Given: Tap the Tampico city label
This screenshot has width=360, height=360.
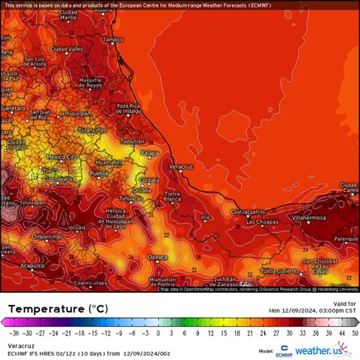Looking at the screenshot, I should pyautogui.click(x=112, y=39).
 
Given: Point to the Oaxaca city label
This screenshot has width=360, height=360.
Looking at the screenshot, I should pyautogui.click(x=157, y=257).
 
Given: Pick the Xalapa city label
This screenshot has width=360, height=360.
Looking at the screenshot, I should pyautogui.click(x=150, y=153).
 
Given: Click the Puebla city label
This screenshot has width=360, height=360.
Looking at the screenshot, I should pyautogui.click(x=99, y=173).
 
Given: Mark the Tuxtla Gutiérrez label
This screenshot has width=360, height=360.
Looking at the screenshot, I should pyautogui.click(x=280, y=270).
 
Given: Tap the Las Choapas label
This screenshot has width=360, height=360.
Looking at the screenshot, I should pyautogui.click(x=262, y=221).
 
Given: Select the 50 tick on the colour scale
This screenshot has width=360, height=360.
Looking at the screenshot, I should pyautogui.click(x=354, y=332).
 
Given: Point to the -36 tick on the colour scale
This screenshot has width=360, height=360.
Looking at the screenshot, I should pyautogui.click(x=14, y=332).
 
